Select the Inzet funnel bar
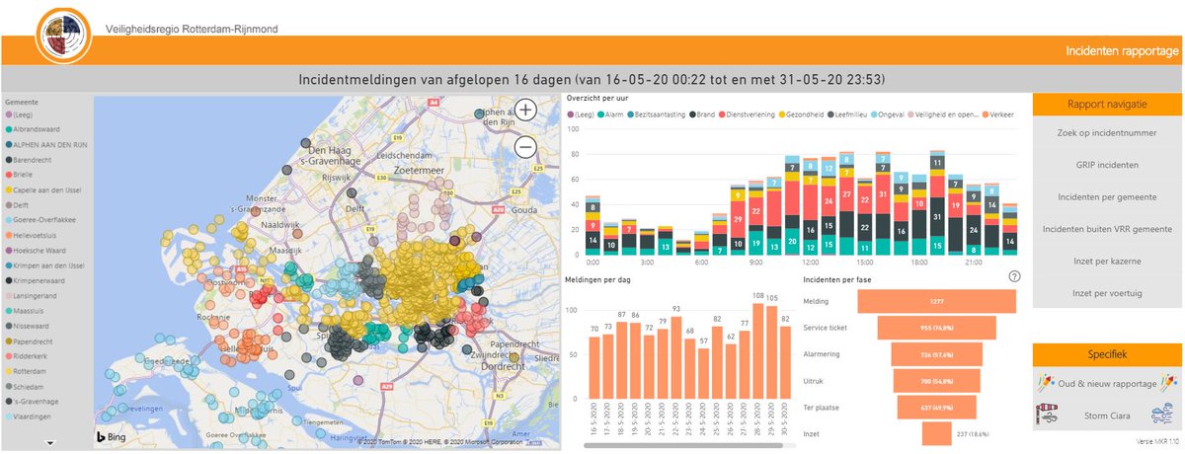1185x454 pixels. (x=936, y=433)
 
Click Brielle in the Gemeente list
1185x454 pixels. (x=24, y=173)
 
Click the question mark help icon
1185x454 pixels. (x=1014, y=277)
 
